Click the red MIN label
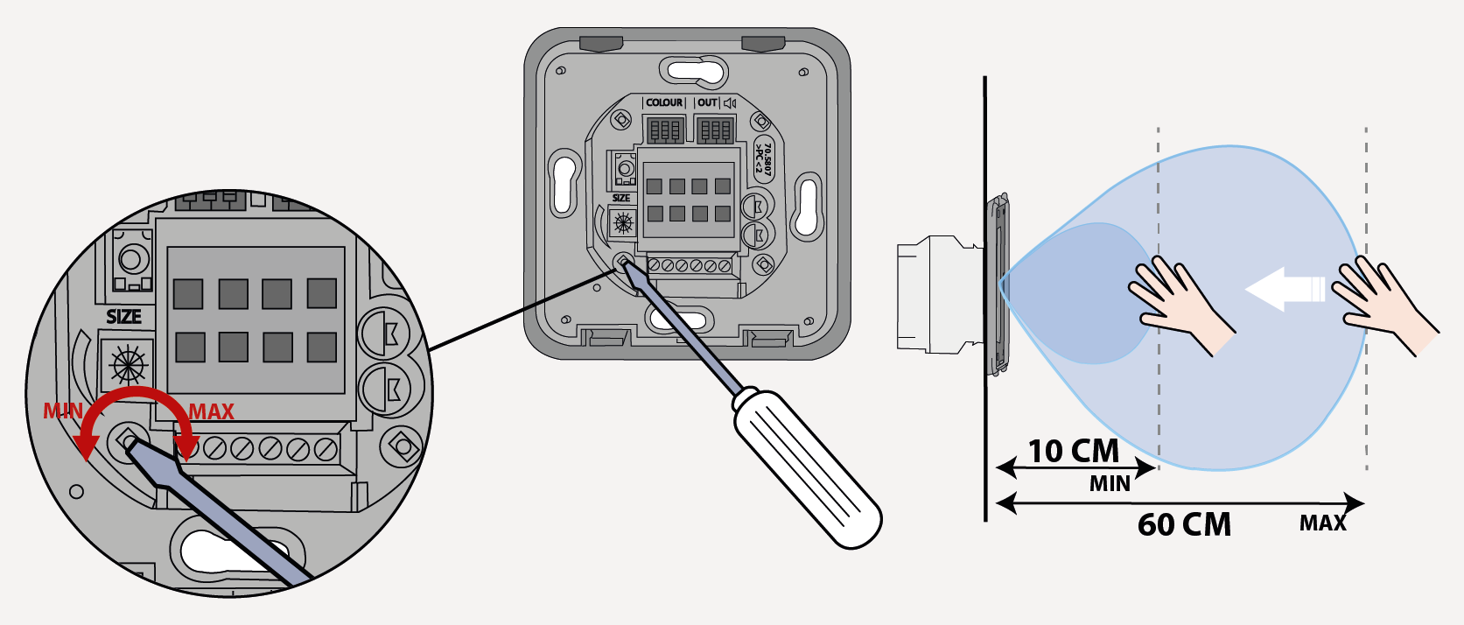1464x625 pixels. click(63, 411)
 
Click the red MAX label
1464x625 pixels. click(212, 411)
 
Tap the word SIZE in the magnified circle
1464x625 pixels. click(123, 317)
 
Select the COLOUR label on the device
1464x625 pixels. click(664, 103)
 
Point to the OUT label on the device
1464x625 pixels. click(707, 103)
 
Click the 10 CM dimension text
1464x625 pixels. click(1074, 451)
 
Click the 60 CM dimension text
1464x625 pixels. click(1184, 524)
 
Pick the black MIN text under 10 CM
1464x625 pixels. click(1110, 483)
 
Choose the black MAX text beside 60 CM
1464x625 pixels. click(1322, 523)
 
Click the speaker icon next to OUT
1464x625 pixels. click(730, 103)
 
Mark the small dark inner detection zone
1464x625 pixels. click(1085, 293)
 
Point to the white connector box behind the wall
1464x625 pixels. click(932, 294)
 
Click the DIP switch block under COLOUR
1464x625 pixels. click(664, 131)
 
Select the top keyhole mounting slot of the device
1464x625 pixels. click(691, 70)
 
